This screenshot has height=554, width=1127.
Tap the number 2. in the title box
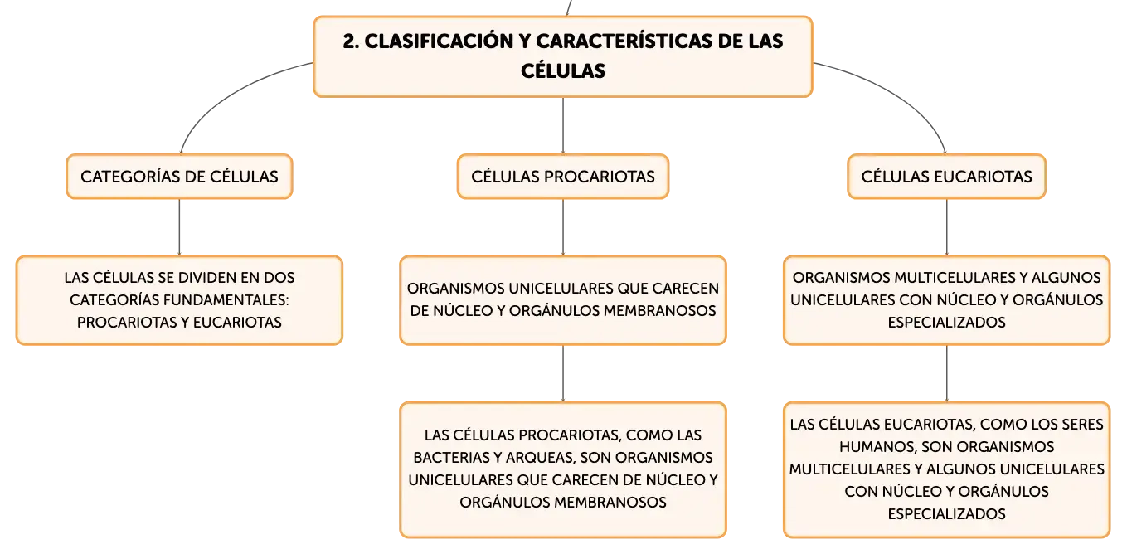(x=351, y=41)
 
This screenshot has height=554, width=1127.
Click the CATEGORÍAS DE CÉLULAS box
(x=179, y=177)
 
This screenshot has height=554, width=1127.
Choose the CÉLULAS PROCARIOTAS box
(x=563, y=177)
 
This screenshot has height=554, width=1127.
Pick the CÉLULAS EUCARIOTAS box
(x=946, y=177)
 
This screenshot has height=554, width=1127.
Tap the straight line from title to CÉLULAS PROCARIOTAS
(x=563, y=126)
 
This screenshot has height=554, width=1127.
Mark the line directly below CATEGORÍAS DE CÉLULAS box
(x=179, y=227)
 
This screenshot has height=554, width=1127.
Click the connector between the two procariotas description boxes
(x=563, y=373)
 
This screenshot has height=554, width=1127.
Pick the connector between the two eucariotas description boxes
(x=946, y=373)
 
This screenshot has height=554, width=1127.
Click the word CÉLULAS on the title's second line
(x=563, y=71)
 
